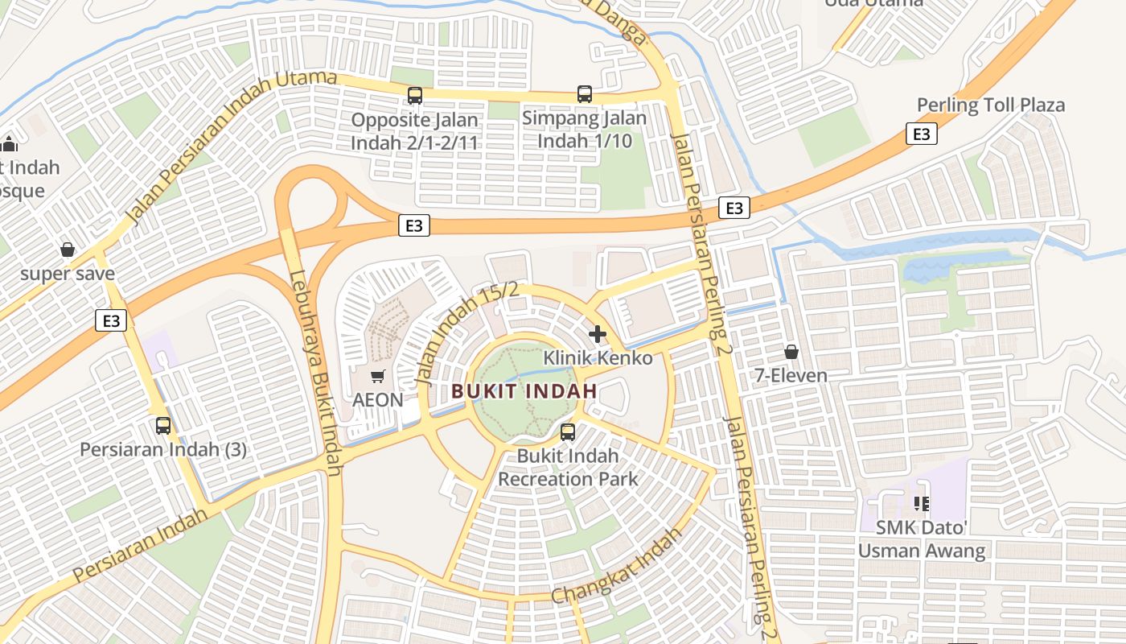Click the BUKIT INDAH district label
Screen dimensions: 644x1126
point(524,392)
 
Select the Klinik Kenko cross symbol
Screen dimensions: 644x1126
point(597,334)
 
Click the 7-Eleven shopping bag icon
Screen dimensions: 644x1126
point(791,352)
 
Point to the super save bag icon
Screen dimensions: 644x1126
point(68,250)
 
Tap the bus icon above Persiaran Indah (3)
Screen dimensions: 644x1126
point(163,426)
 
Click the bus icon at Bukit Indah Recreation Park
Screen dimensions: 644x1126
point(568,432)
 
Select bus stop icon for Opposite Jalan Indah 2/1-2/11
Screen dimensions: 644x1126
point(415,96)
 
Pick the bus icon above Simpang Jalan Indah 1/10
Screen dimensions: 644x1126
point(585,94)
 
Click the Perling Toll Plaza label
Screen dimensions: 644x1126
point(991,105)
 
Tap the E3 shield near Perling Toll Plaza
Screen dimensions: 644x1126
point(921,134)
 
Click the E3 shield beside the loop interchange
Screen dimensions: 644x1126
point(413,226)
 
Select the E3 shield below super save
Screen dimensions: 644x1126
point(111,320)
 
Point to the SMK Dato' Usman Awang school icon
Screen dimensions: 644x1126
point(922,504)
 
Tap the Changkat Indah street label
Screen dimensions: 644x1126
point(618,565)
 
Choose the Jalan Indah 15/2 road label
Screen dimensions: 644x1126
point(466,332)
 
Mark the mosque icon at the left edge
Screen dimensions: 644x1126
point(10,144)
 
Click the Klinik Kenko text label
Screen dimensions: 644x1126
point(598,357)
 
